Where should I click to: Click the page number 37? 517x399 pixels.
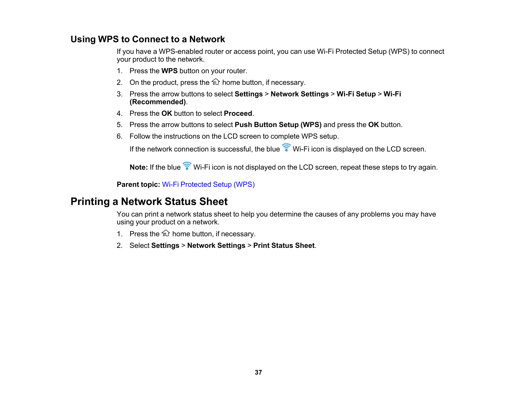(x=258, y=372)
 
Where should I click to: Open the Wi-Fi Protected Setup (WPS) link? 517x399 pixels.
(x=208, y=185)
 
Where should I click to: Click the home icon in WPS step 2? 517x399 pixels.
(x=216, y=82)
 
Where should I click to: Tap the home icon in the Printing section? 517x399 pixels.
(x=166, y=233)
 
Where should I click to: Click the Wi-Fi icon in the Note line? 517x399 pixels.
(x=187, y=166)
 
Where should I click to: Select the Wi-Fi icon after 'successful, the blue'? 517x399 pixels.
(x=286, y=148)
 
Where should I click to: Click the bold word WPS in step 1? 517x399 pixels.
(x=169, y=71)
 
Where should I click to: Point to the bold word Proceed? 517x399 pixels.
(x=238, y=114)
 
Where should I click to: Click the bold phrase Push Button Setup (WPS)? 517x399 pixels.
(x=278, y=125)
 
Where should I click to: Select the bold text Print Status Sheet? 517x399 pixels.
(x=284, y=246)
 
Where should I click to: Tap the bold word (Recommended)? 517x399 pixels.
(x=158, y=102)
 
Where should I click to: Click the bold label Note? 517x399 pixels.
(x=138, y=167)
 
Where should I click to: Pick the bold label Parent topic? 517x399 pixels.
(x=138, y=185)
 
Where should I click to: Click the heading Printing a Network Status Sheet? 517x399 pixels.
(x=149, y=202)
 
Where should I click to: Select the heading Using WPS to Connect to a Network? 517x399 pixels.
(x=148, y=39)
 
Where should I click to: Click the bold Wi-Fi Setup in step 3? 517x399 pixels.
(x=356, y=94)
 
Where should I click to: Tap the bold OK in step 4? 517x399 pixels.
(x=167, y=114)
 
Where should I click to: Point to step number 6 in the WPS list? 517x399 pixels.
(x=119, y=136)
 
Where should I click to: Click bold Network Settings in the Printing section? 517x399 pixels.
(x=216, y=246)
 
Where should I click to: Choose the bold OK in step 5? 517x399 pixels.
(x=373, y=125)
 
